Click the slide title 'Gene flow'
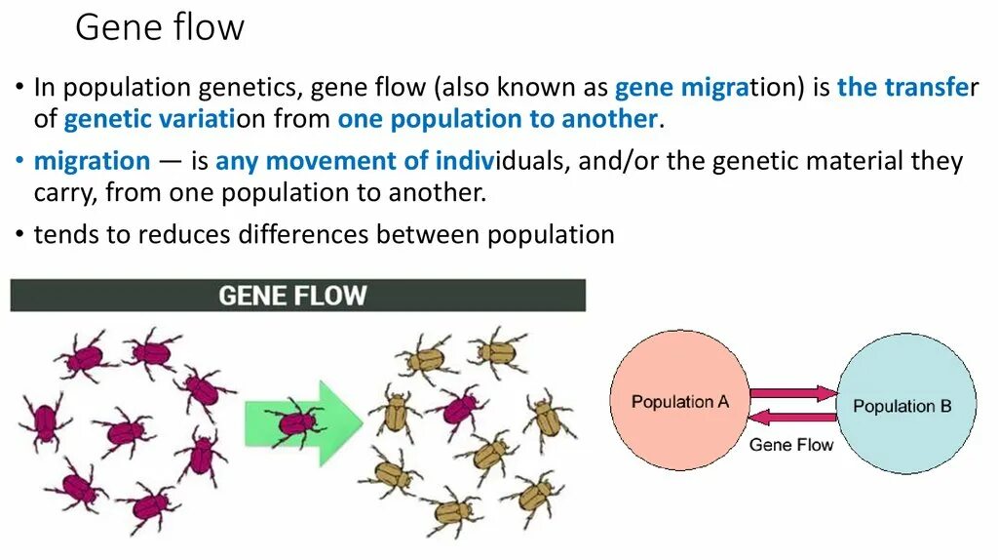[x=160, y=27]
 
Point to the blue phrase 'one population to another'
[x=497, y=120]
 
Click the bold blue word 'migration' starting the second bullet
[x=93, y=161]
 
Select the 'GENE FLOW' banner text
[x=292, y=295]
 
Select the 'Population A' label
[x=679, y=401]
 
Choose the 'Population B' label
[x=902, y=406]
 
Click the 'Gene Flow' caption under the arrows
[x=791, y=445]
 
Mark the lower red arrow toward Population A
[x=793, y=418]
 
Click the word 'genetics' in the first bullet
[x=247, y=88]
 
